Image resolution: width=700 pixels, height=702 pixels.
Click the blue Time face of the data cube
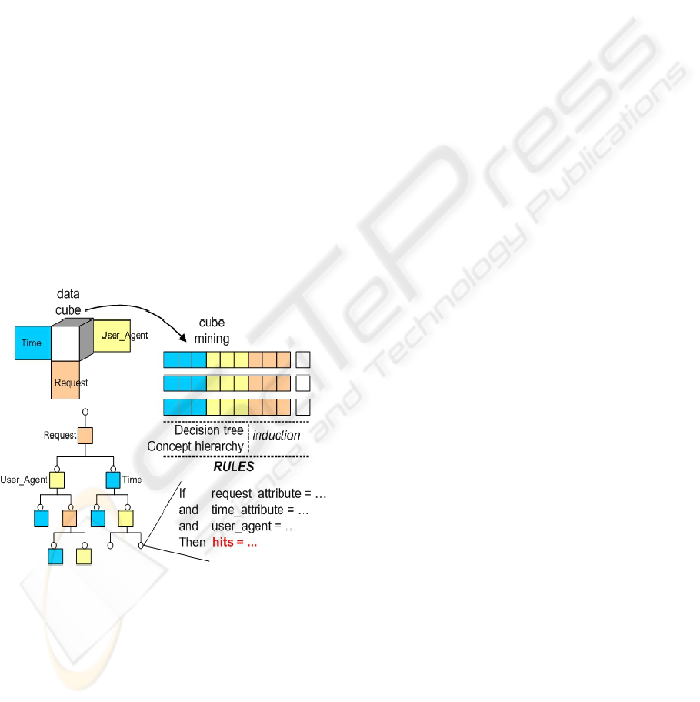click(x=32, y=343)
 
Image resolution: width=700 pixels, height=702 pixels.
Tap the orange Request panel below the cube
click(x=66, y=380)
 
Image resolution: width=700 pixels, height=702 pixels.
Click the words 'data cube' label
click(x=70, y=302)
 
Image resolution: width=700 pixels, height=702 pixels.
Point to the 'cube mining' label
click(x=212, y=330)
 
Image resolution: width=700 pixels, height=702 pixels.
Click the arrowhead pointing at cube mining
click(x=183, y=339)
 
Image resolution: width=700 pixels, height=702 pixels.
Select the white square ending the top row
click(x=303, y=359)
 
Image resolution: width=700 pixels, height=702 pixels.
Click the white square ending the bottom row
click(x=303, y=407)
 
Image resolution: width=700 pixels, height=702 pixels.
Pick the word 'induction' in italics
click(x=277, y=436)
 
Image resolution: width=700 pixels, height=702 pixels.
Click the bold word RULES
click(x=234, y=467)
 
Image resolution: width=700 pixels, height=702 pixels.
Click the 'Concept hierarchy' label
click(x=195, y=446)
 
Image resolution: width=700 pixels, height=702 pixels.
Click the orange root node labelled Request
click(x=85, y=436)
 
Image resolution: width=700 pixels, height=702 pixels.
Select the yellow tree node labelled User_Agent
click(x=57, y=480)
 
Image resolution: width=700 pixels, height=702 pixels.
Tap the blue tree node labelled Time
click(x=113, y=480)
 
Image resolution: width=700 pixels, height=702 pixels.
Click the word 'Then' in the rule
click(x=192, y=543)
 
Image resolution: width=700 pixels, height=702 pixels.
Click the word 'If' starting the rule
click(x=183, y=493)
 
